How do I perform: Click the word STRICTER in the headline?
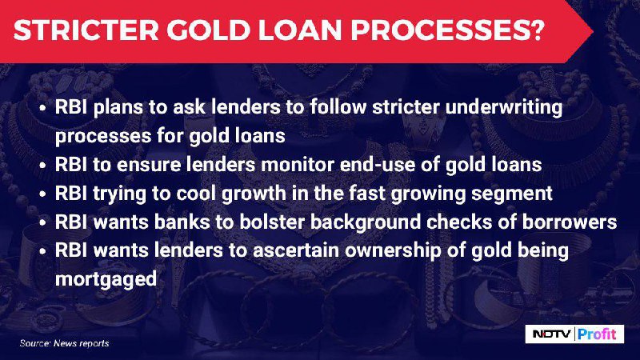tap(86, 30)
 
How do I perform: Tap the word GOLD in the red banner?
tap(209, 30)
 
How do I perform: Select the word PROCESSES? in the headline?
tap(448, 30)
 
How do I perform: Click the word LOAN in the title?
tap(301, 30)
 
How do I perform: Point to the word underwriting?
tap(504, 108)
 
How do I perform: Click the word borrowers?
tap(570, 222)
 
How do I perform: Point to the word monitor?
tap(297, 165)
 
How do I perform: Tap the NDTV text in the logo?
tap(552, 334)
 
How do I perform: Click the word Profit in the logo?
tap(597, 334)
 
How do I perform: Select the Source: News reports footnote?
tap(65, 343)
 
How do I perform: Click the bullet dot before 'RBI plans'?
tap(43, 109)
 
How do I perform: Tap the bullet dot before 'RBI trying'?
tap(43, 194)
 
